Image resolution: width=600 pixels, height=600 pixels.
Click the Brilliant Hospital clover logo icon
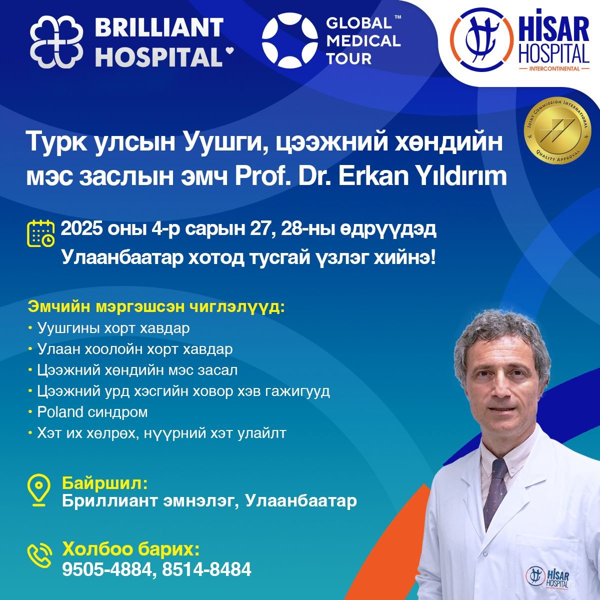click(56, 41)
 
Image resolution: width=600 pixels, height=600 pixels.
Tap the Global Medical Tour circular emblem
click(290, 40)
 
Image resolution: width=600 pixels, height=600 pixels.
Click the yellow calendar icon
click(41, 233)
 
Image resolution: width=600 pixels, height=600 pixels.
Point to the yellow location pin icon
click(38, 490)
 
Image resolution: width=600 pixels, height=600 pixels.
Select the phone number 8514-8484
click(206, 569)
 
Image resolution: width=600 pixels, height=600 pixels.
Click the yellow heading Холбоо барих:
click(131, 549)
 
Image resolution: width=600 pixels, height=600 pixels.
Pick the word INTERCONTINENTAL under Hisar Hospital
click(554, 68)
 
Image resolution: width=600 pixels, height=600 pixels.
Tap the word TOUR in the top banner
click(348, 58)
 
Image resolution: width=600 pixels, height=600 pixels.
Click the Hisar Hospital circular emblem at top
click(481, 39)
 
